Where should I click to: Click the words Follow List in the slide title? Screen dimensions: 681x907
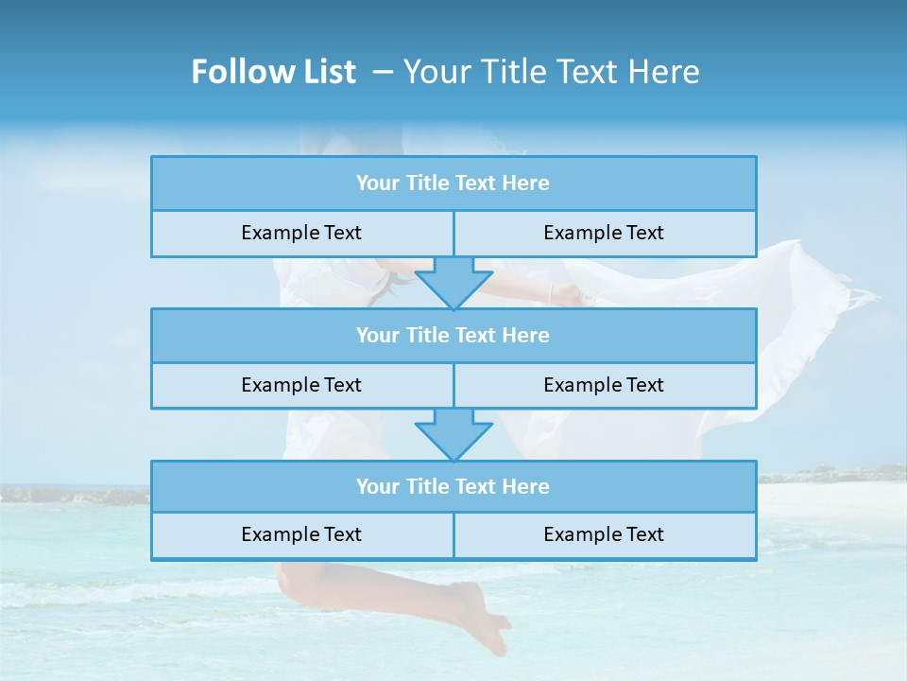[273, 72]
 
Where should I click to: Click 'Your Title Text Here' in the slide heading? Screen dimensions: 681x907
[551, 72]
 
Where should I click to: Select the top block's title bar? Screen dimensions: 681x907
[453, 183]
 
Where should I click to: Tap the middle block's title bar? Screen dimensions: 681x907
[453, 335]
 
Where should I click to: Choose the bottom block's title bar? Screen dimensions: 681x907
[453, 486]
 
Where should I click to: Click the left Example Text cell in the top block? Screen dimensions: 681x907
[301, 233]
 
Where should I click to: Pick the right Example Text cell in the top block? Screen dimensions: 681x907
[604, 233]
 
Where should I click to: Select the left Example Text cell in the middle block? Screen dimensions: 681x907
[301, 385]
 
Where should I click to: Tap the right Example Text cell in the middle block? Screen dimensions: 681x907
[604, 385]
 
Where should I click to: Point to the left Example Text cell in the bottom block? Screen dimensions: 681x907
[301, 534]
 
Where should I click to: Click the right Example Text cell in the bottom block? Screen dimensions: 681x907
[604, 534]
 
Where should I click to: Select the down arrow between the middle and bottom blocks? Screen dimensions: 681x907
[453, 433]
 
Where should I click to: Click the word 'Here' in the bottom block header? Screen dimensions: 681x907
[525, 486]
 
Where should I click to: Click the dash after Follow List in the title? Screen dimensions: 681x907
[384, 72]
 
